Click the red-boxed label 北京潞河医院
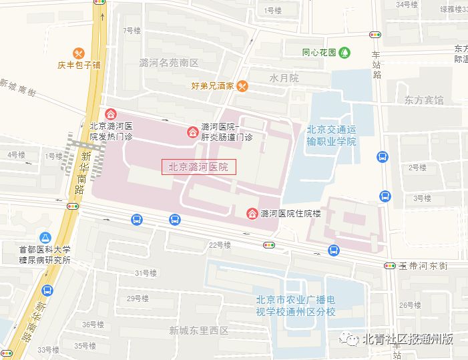pyautogui.click(x=198, y=167)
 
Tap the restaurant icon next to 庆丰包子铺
pyautogui.click(x=79, y=53)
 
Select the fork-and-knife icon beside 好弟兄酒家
pyautogui.click(x=242, y=85)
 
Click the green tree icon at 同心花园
pyautogui.click(x=344, y=51)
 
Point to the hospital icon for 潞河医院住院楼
pyautogui.click(x=252, y=214)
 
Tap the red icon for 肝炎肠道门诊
pyautogui.click(x=192, y=132)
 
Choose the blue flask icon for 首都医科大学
pyautogui.click(x=45, y=237)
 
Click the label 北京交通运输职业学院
pyautogui.click(x=332, y=136)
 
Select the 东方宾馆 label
pyautogui.click(x=423, y=100)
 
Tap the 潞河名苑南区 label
pyautogui.click(x=169, y=63)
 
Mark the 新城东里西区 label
pyautogui.click(x=198, y=330)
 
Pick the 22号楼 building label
pyautogui.click(x=220, y=245)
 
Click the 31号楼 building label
pyautogui.click(x=146, y=273)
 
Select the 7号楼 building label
pyautogui.click(x=132, y=31)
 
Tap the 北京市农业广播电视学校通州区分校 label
pyautogui.click(x=296, y=307)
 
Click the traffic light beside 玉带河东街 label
pyautogui.click(x=390, y=266)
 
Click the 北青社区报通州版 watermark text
pyautogui.click(x=407, y=339)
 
